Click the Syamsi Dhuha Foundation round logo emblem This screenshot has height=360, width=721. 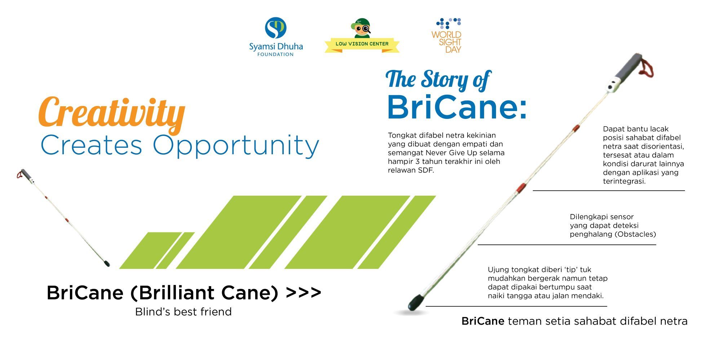(276, 28)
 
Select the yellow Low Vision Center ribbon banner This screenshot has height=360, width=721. (362, 45)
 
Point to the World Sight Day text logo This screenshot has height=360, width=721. (446, 42)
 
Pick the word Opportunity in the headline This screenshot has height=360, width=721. (236, 146)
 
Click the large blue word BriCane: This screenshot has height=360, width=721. (457, 107)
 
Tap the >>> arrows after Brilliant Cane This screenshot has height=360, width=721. (303, 292)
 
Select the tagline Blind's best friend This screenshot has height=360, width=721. (183, 312)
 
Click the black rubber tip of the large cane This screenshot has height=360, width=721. (416, 302)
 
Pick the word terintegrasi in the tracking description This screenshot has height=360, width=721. (624, 181)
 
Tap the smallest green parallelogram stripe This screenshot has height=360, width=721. (175, 250)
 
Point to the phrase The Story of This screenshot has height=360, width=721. (438, 79)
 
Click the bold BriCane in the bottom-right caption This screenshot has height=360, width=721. (483, 321)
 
